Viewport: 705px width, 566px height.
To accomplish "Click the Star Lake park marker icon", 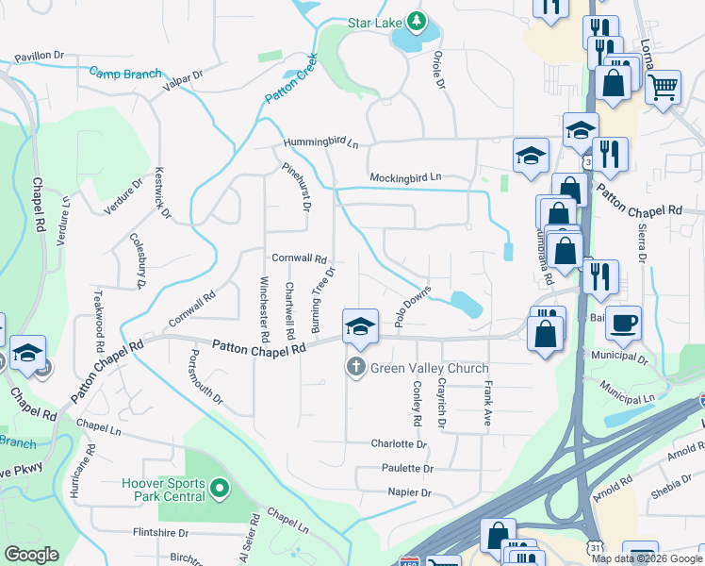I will tap(416, 21).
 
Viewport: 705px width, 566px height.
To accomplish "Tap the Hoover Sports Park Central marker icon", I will tap(220, 489).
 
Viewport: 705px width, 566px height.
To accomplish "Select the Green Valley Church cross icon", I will tap(356, 368).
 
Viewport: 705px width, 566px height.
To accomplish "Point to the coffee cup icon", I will tap(624, 324).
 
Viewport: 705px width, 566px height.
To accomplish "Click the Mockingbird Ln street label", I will tap(405, 176).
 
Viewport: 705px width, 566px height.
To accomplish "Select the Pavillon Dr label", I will tap(38, 56).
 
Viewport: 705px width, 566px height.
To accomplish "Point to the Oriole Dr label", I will tap(438, 70).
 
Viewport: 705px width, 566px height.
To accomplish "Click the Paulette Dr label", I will tap(407, 468).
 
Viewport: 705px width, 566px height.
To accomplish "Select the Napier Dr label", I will tap(409, 492).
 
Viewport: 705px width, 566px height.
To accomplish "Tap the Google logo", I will tap(32, 555).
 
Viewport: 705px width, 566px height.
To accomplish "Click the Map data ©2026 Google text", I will tap(646, 558).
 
